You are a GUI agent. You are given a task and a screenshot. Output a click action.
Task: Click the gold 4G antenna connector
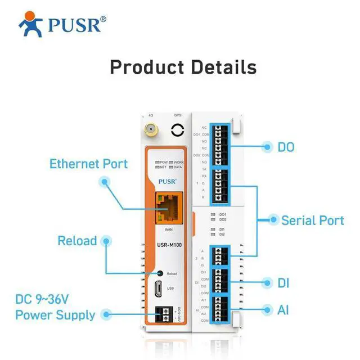(x=150, y=130)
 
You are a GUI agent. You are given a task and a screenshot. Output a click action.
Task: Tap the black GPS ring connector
(x=177, y=130)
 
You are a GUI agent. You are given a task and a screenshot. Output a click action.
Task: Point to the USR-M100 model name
(x=168, y=245)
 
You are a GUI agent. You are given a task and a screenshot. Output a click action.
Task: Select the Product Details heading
(x=183, y=67)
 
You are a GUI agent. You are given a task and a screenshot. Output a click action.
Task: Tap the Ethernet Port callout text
(x=88, y=164)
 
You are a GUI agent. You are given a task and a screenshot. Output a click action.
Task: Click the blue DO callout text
(x=286, y=147)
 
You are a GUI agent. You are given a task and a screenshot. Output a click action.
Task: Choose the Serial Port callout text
(x=312, y=220)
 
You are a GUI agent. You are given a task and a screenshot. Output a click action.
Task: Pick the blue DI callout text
(x=283, y=282)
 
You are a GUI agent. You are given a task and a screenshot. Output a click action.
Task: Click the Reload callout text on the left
(x=77, y=241)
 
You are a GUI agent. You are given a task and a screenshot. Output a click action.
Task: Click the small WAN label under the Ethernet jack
(x=168, y=230)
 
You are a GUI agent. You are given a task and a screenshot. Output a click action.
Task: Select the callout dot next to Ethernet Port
(x=104, y=181)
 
